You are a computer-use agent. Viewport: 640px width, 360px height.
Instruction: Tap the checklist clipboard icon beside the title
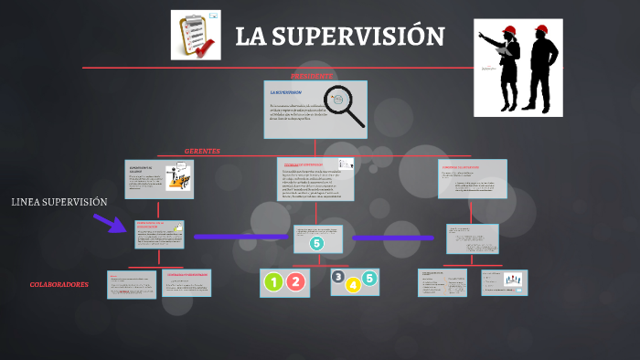tap(196, 35)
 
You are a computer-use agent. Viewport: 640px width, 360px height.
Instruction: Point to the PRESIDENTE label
tap(313, 75)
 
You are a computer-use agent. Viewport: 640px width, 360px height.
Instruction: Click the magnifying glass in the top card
tap(346, 106)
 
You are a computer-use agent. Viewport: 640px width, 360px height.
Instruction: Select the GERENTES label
tap(202, 151)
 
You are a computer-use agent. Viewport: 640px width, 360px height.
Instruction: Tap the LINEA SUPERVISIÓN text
tap(59, 202)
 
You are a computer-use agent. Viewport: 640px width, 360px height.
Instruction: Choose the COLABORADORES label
tap(59, 285)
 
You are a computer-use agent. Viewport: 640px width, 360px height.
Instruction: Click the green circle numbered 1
tap(273, 282)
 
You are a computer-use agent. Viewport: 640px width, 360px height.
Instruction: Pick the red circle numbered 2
tap(295, 282)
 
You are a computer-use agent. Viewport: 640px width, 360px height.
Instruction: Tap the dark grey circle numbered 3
tap(338, 277)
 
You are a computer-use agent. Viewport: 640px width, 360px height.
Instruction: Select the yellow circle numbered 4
tap(354, 285)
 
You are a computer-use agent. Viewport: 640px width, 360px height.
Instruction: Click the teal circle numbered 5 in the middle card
tap(316, 243)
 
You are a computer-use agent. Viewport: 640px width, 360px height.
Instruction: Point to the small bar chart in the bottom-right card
tap(513, 280)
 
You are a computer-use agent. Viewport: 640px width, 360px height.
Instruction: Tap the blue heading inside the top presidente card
tap(286, 92)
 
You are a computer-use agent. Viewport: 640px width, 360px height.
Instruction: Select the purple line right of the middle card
tap(393, 238)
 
